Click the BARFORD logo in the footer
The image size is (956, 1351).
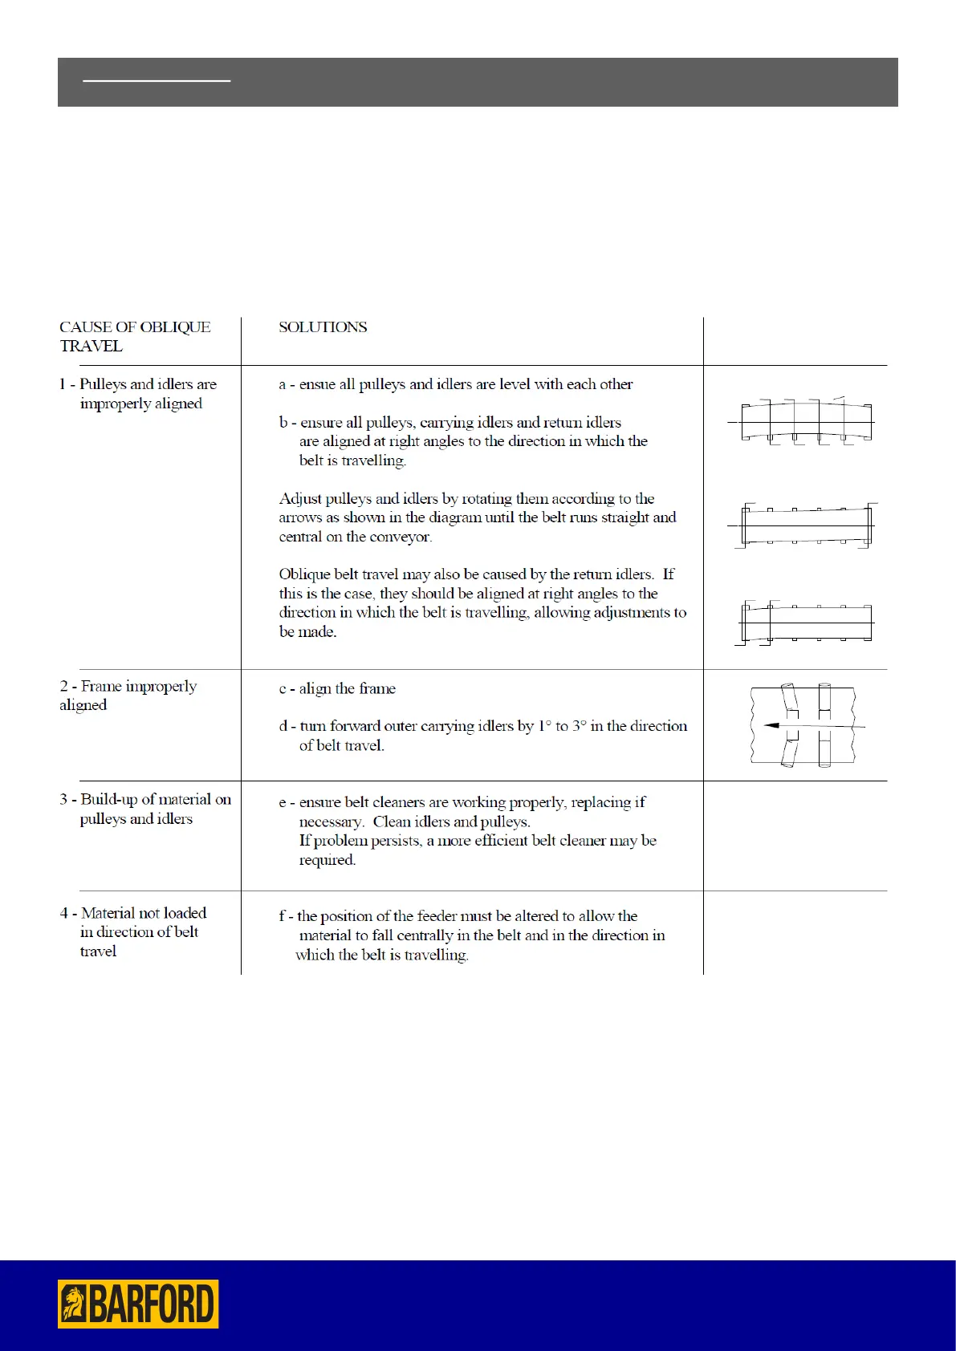coord(138,1304)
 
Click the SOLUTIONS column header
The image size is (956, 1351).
coord(323,327)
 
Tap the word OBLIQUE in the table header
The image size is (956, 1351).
coord(174,327)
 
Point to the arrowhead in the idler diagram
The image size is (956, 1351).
coord(771,725)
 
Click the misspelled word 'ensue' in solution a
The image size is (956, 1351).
coord(317,384)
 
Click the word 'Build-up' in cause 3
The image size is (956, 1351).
coord(109,799)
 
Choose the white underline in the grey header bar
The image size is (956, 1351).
coord(157,81)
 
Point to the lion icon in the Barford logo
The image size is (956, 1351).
coord(74,1304)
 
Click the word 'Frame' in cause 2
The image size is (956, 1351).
coord(101,686)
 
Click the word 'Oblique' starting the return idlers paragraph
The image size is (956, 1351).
coord(305,574)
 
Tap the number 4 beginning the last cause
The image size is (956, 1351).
coord(63,913)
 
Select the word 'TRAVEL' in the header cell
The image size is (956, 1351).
coord(91,347)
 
